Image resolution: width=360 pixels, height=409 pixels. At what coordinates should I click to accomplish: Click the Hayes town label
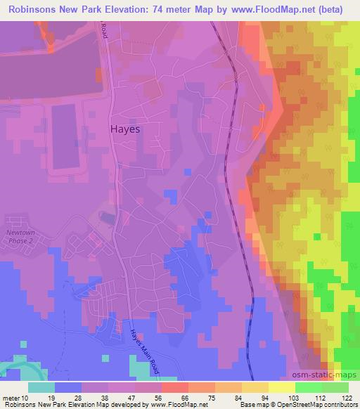point(126,129)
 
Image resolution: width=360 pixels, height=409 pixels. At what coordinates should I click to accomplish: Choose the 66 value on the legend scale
point(184,397)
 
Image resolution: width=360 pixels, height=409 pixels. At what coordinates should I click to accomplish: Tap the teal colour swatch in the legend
point(41,387)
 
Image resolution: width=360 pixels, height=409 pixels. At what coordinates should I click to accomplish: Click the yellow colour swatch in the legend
point(281,387)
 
